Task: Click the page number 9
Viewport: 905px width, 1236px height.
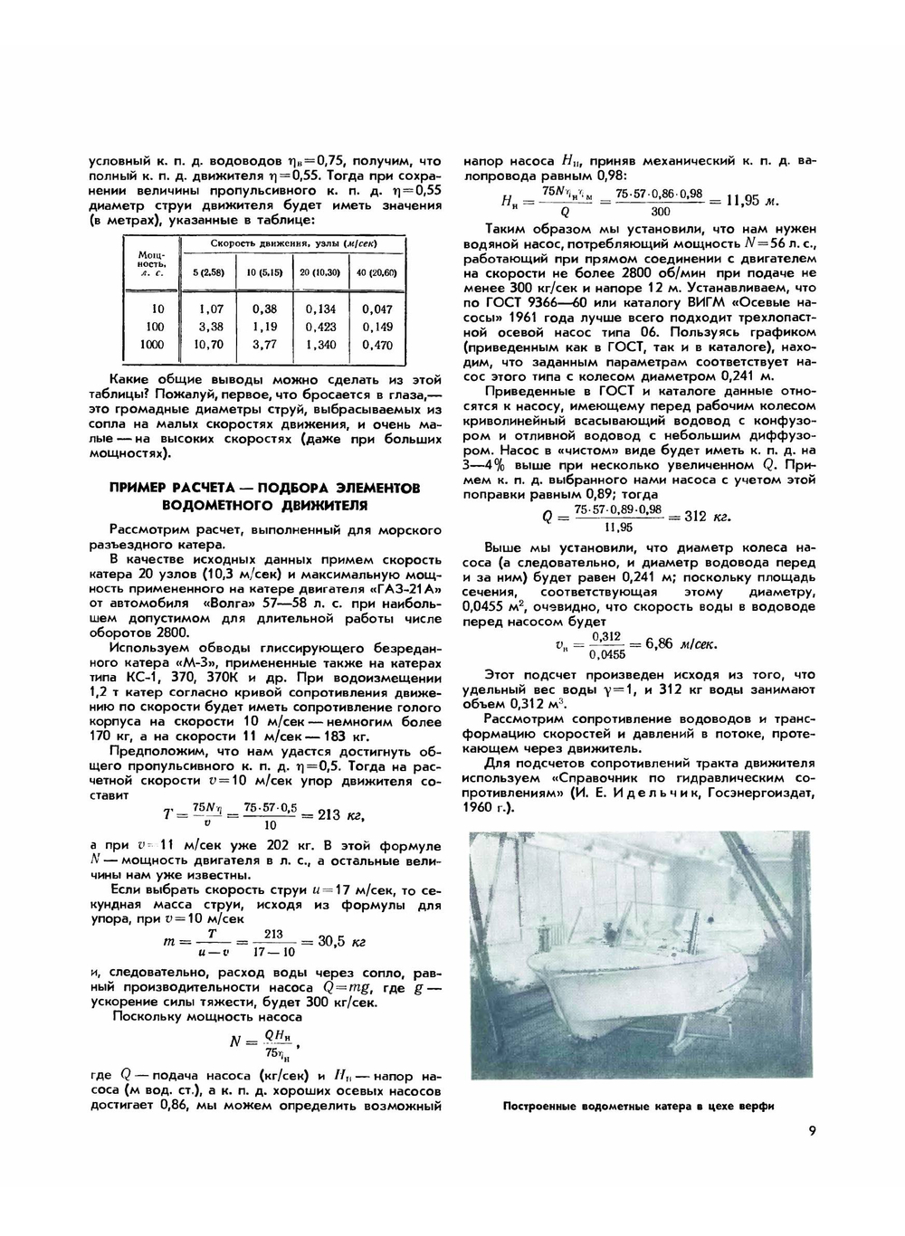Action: click(x=812, y=1129)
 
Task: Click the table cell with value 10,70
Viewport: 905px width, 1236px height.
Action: click(x=211, y=345)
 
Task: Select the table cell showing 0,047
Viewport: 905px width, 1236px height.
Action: click(x=377, y=309)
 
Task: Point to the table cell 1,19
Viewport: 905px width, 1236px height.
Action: click(x=264, y=327)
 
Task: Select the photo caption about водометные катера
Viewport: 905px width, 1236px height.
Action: click(x=640, y=1106)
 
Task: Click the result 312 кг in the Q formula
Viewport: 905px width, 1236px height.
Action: click(x=708, y=517)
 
